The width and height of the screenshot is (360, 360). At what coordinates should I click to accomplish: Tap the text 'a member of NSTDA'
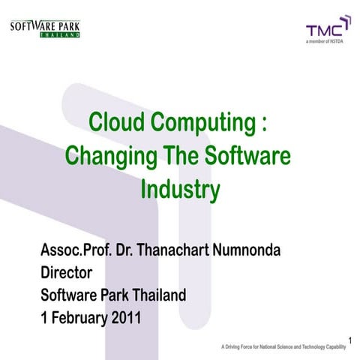[x=328, y=43]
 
